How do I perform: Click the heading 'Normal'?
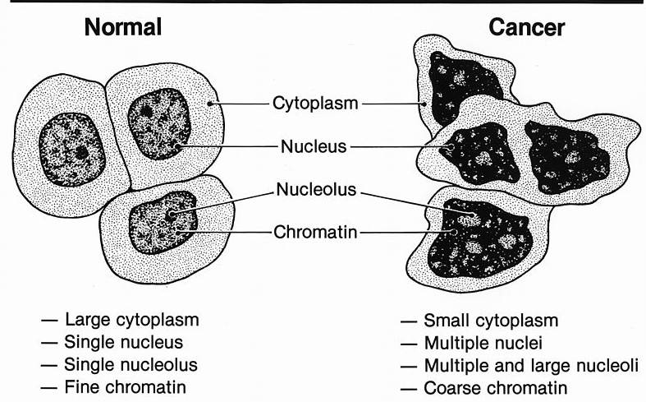125,28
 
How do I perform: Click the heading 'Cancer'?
526,28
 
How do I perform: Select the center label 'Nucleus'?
314,148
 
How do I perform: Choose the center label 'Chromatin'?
314,233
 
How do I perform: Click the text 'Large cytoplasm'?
132,319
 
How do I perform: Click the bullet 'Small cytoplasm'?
491,320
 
